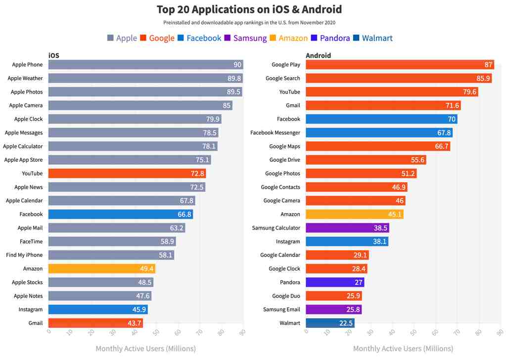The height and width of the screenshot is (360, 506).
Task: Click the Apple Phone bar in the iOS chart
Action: [145, 65]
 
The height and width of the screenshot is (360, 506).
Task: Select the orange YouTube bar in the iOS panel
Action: [127, 174]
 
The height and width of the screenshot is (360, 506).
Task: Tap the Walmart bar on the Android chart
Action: [330, 323]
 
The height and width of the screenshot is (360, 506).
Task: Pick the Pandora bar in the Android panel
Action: [335, 282]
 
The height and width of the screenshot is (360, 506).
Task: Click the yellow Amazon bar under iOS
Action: [101, 269]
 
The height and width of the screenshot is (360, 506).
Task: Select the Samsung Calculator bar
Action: [347, 228]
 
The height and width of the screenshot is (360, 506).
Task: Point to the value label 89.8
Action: [234, 79]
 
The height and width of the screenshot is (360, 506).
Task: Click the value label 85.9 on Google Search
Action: [482, 79]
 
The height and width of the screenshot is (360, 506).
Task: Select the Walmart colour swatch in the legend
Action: [357, 38]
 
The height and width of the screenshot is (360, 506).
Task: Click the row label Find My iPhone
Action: [24, 255]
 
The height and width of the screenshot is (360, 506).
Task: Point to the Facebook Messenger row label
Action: [275, 133]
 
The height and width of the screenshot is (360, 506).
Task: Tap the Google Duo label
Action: [286, 296]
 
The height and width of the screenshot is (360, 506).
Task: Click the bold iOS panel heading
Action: [54, 55]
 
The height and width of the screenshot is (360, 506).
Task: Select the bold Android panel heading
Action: [318, 55]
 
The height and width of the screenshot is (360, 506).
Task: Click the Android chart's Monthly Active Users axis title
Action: [403, 349]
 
